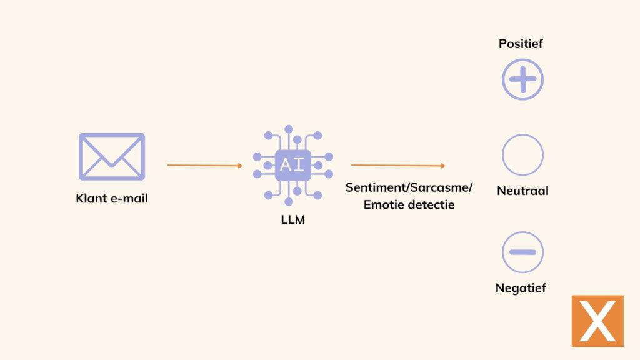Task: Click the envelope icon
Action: coord(112,156)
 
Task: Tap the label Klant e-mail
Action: coord(112,199)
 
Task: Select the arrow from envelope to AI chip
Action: coord(204,165)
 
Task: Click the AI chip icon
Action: coord(292,165)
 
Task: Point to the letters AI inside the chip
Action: coord(292,165)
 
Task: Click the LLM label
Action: coord(292,219)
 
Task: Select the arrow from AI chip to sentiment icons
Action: coord(398,165)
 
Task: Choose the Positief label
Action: coord(521,44)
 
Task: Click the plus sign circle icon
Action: coord(522,79)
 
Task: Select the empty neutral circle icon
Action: coord(522,155)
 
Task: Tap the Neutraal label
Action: coord(522,191)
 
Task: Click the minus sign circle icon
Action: coord(522,252)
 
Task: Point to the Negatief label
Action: coord(521,288)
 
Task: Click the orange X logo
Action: coord(597,321)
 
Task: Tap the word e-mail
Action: coord(129,199)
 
